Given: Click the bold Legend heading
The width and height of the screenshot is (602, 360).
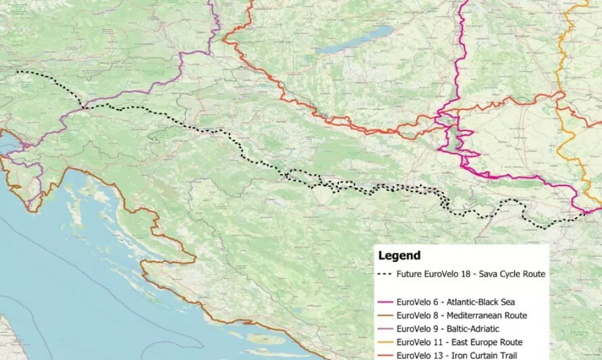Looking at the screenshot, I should pos(399,255).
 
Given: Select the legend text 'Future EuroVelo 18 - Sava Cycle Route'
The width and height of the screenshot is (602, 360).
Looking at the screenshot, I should pos(470,274).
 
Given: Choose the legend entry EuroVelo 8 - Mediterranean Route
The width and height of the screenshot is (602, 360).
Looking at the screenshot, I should pos(462,315).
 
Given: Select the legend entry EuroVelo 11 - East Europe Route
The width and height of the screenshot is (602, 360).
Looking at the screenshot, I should pos(459,342).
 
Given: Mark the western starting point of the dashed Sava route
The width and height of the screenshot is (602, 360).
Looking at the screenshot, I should pos(16,72).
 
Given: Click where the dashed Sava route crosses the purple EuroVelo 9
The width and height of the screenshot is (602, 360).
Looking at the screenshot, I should pos(83,108).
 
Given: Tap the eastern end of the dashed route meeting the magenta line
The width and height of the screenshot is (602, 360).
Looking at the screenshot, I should pos(585,213).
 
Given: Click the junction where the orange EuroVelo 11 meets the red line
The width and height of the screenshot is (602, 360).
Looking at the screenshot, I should pos(560,95).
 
